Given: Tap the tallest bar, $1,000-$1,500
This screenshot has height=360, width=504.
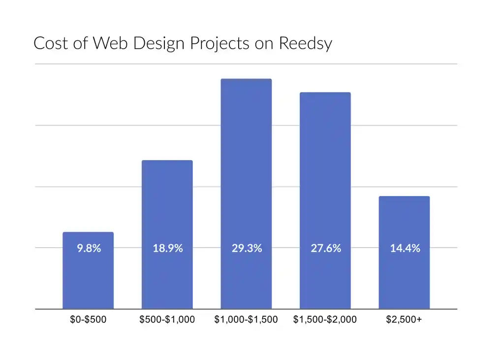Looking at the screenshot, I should (x=246, y=163).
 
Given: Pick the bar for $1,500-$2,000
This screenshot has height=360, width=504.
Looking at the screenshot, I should (x=325, y=172).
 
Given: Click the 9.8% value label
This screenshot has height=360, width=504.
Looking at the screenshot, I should (x=89, y=249).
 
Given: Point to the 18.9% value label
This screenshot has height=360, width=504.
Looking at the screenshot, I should (x=167, y=249).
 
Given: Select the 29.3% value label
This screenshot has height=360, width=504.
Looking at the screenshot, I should (x=247, y=249).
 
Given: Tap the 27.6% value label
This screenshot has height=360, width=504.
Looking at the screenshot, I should (x=326, y=249).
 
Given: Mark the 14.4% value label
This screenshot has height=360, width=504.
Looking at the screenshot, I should (x=405, y=249).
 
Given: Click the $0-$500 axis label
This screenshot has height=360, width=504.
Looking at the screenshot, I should (x=88, y=320).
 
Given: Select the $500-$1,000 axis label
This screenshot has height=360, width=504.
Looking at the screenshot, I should (x=167, y=320).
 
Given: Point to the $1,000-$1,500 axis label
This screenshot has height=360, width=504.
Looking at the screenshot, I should (x=246, y=320).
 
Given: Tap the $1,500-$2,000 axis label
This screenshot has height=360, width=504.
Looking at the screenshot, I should (x=325, y=320).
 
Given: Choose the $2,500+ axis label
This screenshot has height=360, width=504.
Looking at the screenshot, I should (x=404, y=320).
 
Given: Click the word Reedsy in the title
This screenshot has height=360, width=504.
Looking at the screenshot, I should (x=305, y=44).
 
